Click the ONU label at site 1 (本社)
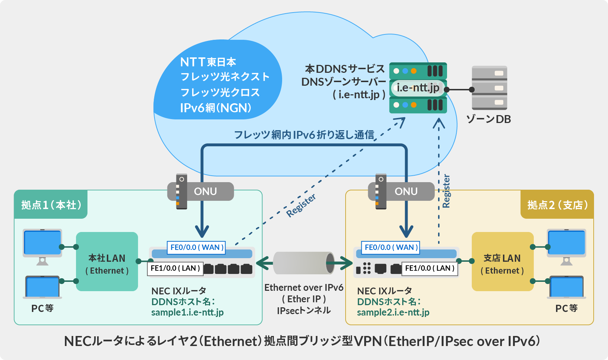[x=205, y=191]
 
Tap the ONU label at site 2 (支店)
[x=406, y=191]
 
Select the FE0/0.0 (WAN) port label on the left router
[x=196, y=247]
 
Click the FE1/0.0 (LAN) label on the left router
[x=175, y=268]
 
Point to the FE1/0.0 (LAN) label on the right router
[x=430, y=268]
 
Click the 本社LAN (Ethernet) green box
[x=107, y=262]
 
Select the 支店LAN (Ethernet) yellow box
[x=502, y=262]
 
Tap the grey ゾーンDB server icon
[x=489, y=88]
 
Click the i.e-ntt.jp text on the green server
[x=418, y=87]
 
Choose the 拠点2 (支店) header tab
[x=557, y=205]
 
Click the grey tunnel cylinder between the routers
[x=304, y=263]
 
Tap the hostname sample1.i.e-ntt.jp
[x=187, y=312]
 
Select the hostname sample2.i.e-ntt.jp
[x=393, y=312]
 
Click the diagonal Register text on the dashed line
[x=301, y=205]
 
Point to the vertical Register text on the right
[x=446, y=191]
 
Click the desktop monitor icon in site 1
[x=42, y=244]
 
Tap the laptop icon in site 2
[x=566, y=287]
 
